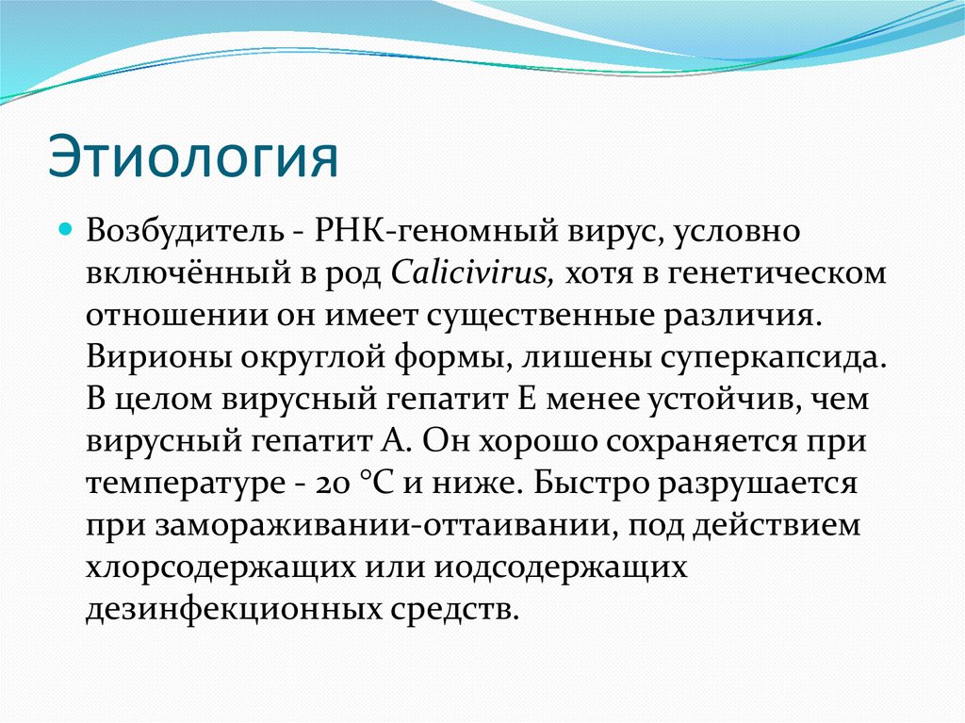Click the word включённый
tap(177, 273)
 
